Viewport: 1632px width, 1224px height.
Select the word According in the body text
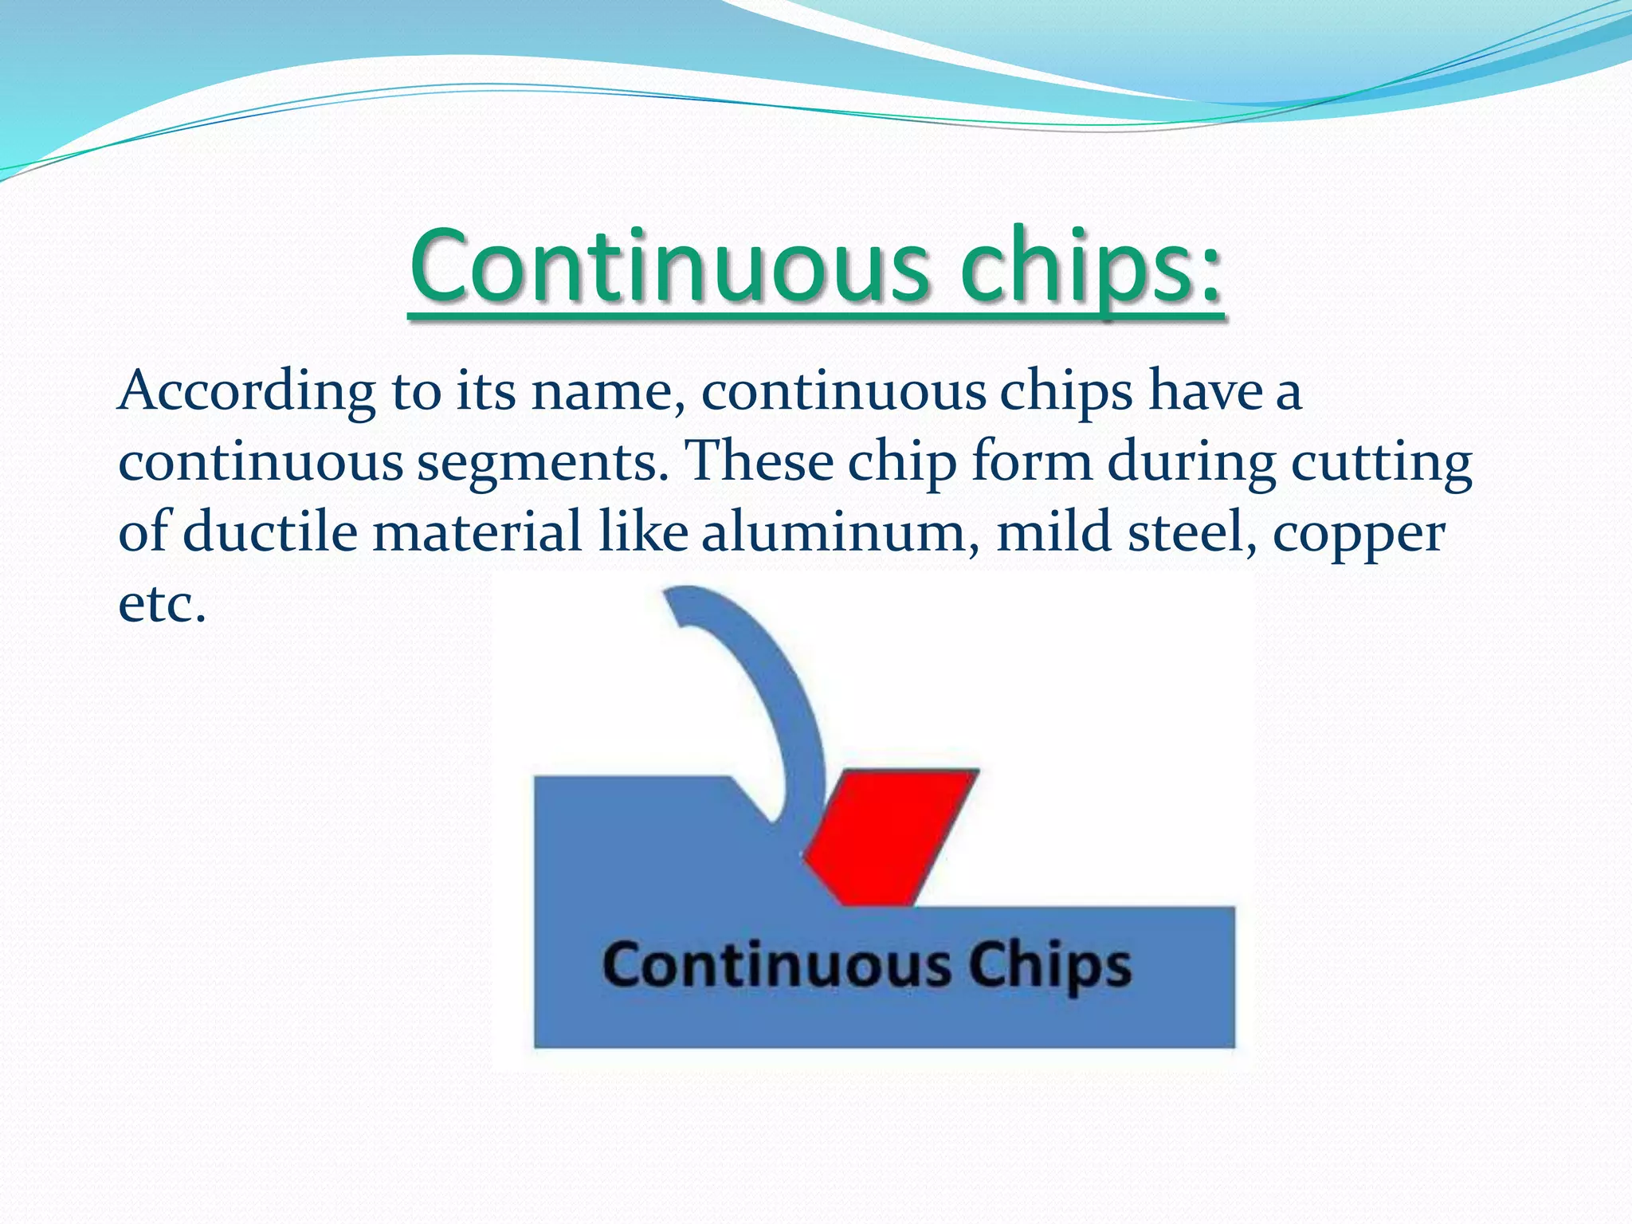[247, 393]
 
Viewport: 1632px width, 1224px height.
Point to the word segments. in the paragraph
[543, 463]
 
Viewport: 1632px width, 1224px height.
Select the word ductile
[270, 532]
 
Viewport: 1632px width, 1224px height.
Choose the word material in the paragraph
[477, 532]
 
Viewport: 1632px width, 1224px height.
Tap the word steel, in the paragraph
[1192, 532]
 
